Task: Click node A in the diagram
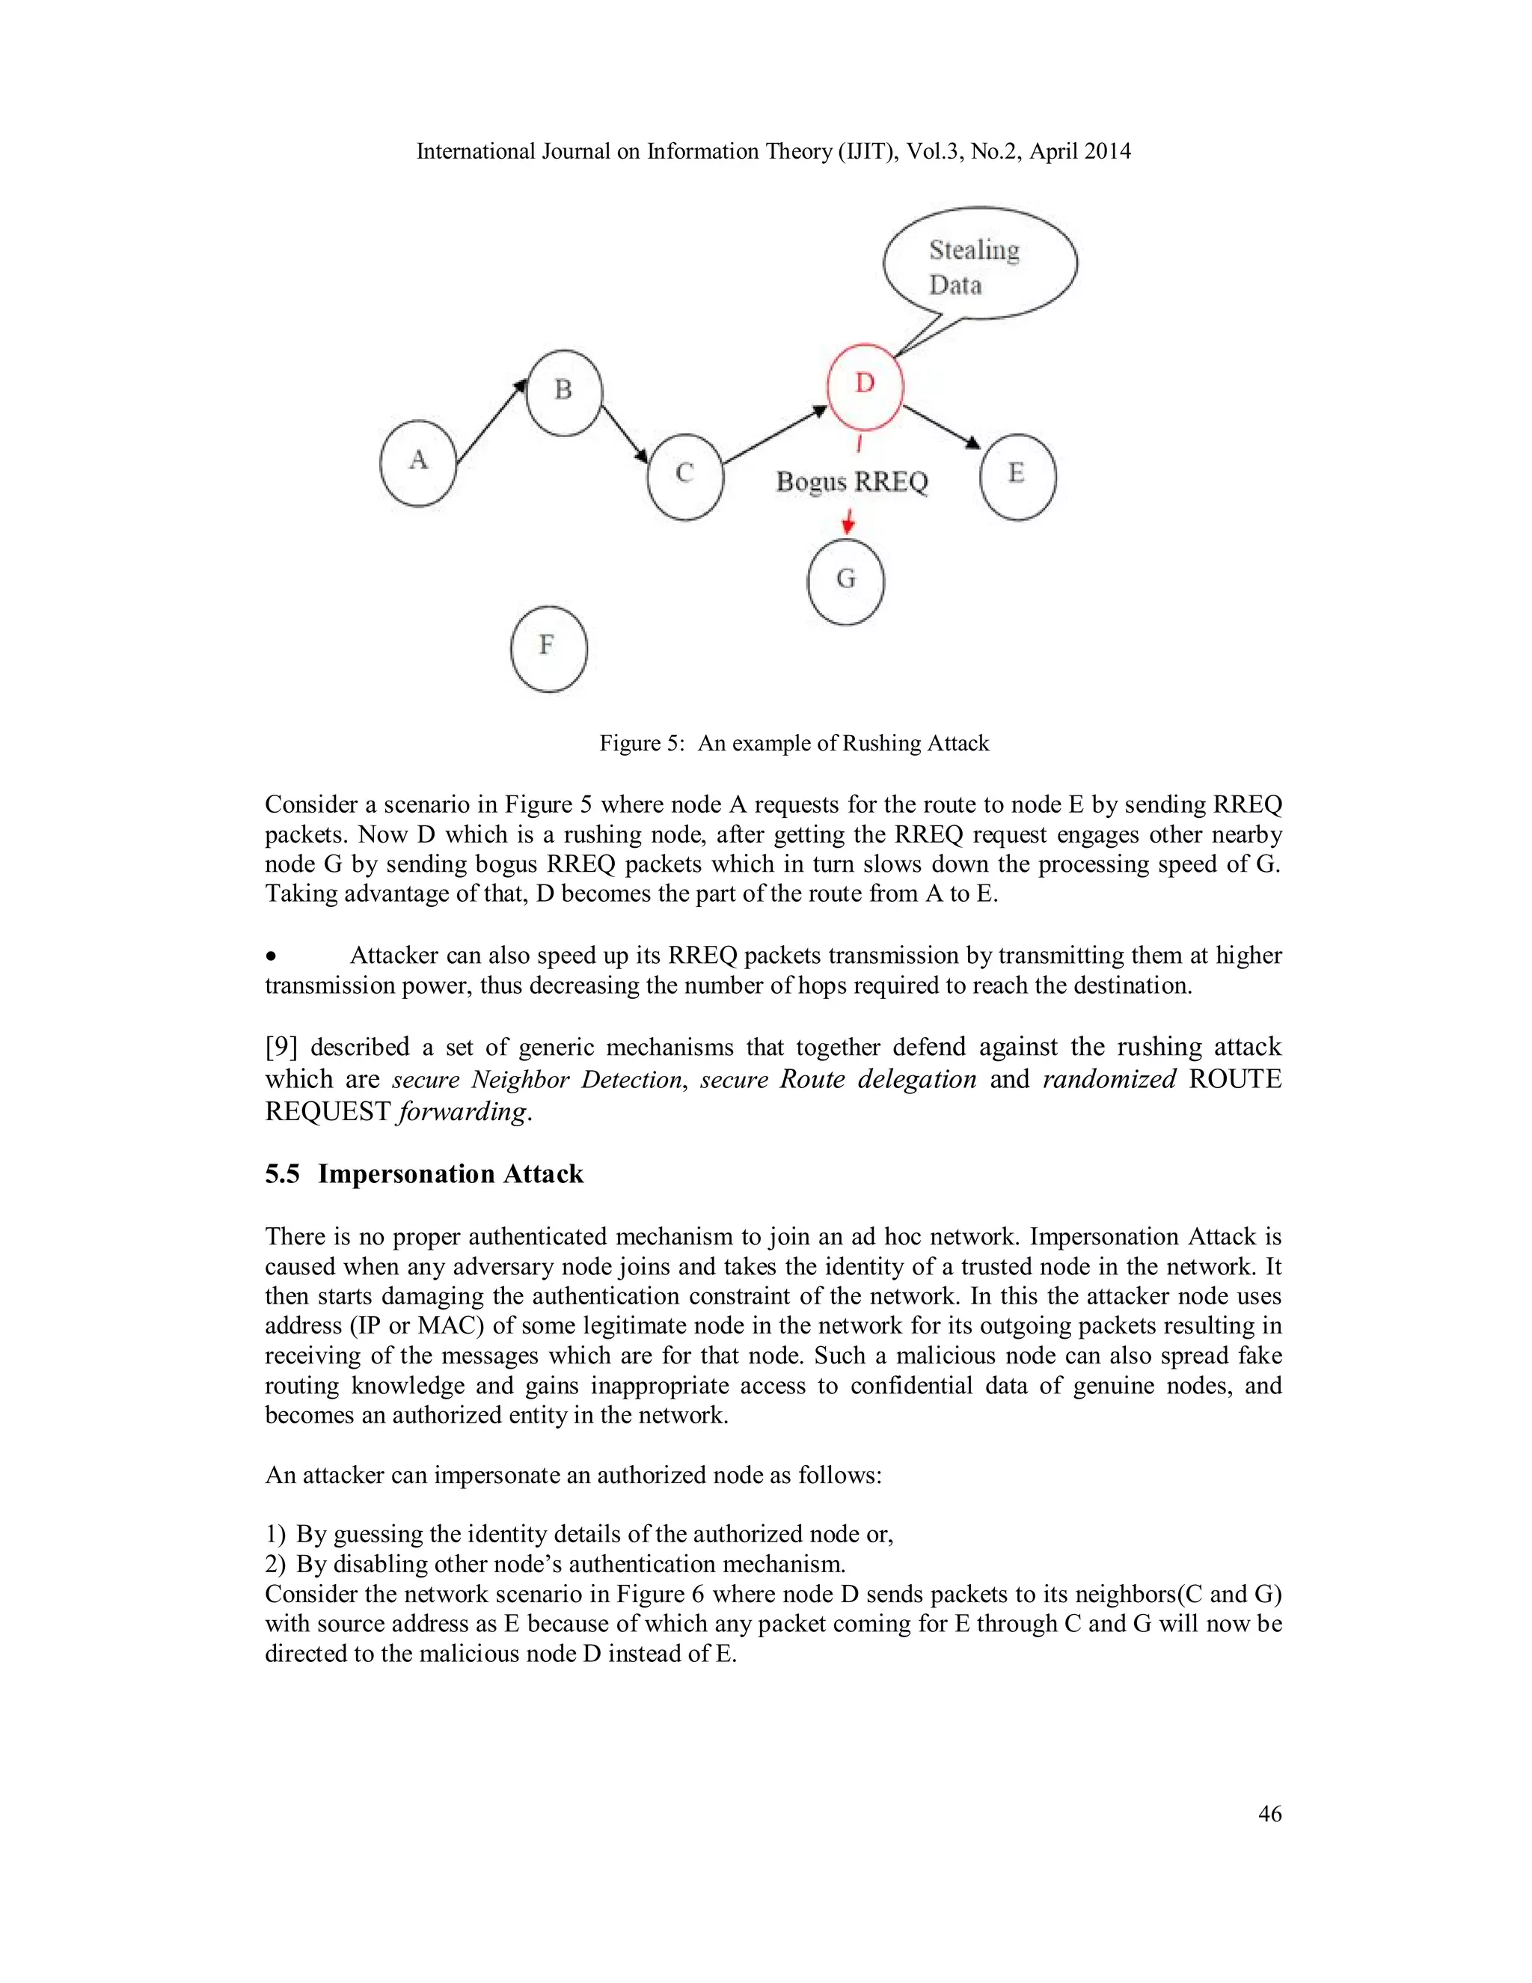click(x=417, y=463)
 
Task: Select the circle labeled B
click(x=563, y=392)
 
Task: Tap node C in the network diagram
click(x=685, y=476)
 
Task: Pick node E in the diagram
click(x=1017, y=476)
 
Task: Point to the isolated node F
click(x=548, y=648)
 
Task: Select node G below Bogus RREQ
click(x=845, y=581)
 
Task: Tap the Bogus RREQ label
click(x=851, y=481)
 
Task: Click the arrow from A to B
click(x=491, y=422)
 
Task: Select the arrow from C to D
click(x=775, y=435)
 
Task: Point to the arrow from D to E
click(x=942, y=427)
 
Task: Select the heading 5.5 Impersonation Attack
click(x=424, y=1174)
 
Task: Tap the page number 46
click(x=1269, y=1813)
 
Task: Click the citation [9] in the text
click(x=281, y=1047)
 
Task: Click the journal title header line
click(x=773, y=152)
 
